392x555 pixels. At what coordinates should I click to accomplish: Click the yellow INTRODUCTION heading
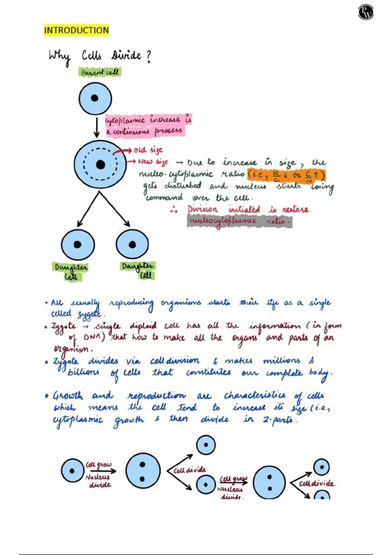(76, 30)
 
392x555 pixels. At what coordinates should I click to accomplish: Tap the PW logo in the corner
(366, 12)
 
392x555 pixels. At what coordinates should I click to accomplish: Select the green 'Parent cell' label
(100, 72)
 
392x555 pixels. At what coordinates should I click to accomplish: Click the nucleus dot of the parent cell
(94, 98)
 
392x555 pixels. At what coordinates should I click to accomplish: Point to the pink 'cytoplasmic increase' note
(148, 125)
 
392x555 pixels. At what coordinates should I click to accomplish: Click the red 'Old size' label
(148, 150)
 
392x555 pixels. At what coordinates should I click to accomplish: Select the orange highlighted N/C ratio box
(286, 175)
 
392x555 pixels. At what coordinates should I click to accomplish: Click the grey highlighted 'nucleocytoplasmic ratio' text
(239, 221)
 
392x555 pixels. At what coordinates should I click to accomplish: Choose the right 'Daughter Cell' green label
(138, 270)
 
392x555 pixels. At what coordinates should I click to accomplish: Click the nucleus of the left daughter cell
(77, 244)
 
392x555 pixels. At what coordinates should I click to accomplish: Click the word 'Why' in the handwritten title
(59, 57)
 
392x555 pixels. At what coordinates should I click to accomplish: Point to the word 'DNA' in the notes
(92, 337)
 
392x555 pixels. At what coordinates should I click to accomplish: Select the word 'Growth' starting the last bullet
(68, 396)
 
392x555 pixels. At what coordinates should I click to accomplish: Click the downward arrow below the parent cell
(96, 128)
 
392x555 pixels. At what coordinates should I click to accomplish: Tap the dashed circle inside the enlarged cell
(84, 164)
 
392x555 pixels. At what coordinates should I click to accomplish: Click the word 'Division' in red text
(203, 209)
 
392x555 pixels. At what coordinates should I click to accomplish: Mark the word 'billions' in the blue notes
(83, 372)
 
